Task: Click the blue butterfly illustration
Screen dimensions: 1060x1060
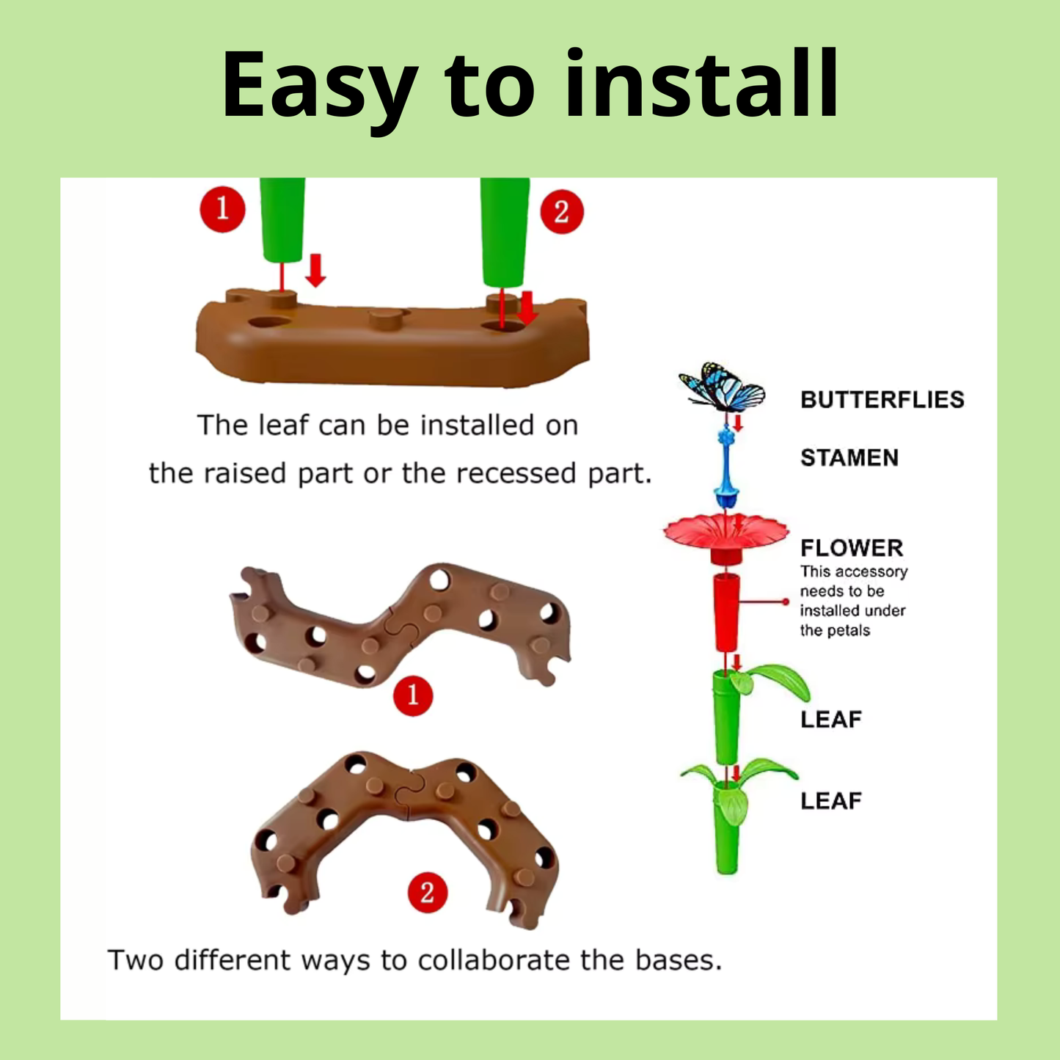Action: coord(722,387)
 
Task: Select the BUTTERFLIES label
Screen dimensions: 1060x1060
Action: coord(882,400)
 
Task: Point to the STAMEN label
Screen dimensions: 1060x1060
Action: coord(849,458)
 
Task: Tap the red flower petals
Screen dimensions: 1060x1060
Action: coord(726,531)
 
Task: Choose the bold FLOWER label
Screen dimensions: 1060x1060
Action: coord(852,548)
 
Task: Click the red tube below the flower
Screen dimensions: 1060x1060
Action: coord(726,612)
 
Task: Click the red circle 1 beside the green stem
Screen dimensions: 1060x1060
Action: coord(223,210)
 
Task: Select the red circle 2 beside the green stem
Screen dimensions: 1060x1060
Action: coord(562,212)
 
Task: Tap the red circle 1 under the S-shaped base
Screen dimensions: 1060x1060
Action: coord(413,696)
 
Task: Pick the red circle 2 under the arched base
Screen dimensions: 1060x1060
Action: coord(428,892)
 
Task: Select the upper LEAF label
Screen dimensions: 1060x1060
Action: coord(830,720)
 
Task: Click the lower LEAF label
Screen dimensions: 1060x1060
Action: coord(830,801)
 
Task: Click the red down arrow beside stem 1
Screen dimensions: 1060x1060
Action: coord(315,270)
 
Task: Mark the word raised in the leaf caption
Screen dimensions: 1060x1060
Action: coord(245,473)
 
